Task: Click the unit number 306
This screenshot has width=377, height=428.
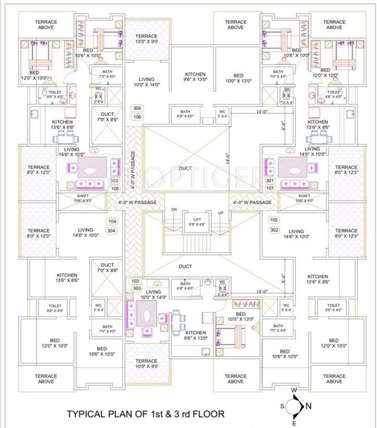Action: click(137, 108)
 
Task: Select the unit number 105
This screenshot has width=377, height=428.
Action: click(114, 188)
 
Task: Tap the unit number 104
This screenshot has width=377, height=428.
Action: click(112, 221)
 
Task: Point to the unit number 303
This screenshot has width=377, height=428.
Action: click(136, 288)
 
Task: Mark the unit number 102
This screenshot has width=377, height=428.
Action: click(274, 220)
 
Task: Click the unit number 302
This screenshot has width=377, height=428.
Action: click(274, 230)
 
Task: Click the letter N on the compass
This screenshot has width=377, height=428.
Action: click(309, 405)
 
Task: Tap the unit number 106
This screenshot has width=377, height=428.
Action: click(137, 117)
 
